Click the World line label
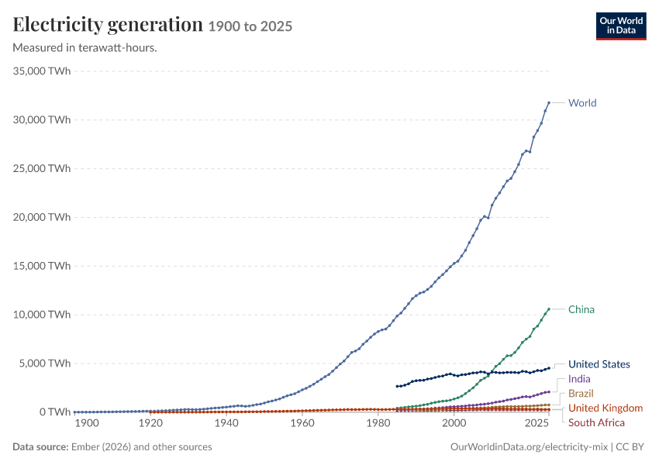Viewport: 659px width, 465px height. (x=582, y=103)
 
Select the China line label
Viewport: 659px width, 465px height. (x=581, y=309)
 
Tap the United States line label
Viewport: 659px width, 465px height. (x=599, y=364)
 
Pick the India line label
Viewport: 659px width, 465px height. (x=579, y=379)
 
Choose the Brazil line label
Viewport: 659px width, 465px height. (x=581, y=394)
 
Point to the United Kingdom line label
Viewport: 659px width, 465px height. (x=606, y=408)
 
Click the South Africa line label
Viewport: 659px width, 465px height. (x=596, y=422)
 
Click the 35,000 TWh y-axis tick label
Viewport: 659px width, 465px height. (x=42, y=71)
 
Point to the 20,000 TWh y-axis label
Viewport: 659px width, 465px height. (x=42, y=217)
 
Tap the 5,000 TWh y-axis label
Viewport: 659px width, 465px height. (x=44, y=363)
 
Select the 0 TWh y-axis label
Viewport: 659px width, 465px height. (x=55, y=412)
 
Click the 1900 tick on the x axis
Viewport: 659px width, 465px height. (x=87, y=423)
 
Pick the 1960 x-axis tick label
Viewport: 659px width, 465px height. (x=302, y=423)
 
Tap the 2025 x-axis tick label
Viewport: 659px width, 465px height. (x=537, y=423)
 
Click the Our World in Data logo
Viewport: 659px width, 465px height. (x=621, y=26)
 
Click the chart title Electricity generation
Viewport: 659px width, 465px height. (x=108, y=25)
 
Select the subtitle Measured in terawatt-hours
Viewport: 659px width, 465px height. (x=85, y=48)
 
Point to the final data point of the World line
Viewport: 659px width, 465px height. (x=549, y=102)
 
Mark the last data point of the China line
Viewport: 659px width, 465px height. (x=549, y=309)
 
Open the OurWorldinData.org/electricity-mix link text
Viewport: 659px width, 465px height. (x=529, y=447)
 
